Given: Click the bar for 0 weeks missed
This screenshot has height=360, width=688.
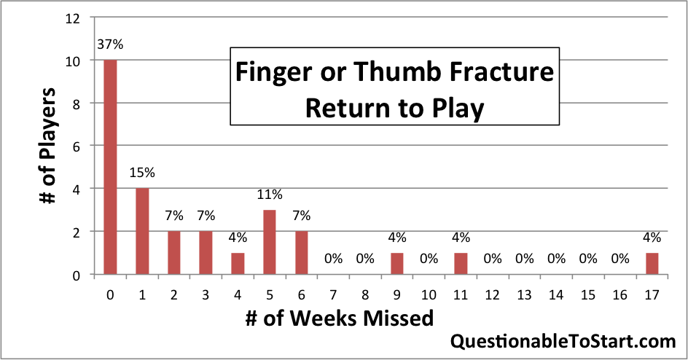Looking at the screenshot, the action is [x=110, y=167].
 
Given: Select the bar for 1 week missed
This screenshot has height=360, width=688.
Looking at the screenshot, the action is [x=142, y=232].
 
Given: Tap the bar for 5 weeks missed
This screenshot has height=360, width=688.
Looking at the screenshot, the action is [x=270, y=243].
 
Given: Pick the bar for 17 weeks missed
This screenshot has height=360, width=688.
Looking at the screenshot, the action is [x=652, y=264].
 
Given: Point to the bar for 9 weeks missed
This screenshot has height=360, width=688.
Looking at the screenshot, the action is [x=397, y=264].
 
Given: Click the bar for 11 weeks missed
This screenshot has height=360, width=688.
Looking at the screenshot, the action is [x=461, y=264].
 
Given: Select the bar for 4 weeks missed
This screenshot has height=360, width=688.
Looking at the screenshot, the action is [x=238, y=264].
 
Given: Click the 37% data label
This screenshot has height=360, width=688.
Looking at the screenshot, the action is [x=110, y=44].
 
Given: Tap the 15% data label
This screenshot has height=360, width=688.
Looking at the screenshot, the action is [x=142, y=173].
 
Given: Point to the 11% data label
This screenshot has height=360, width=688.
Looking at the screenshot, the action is [x=270, y=195].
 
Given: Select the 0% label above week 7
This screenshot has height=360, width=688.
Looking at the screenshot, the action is [x=334, y=259].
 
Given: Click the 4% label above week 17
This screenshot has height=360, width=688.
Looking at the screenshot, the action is [x=652, y=238].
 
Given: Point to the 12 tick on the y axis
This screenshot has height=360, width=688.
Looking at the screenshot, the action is [x=73, y=18].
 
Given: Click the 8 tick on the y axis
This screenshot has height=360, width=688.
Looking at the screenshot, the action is [x=77, y=104].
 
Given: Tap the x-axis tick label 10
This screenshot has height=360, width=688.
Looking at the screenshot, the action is [x=429, y=295].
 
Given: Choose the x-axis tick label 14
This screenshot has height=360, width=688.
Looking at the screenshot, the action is [x=556, y=295].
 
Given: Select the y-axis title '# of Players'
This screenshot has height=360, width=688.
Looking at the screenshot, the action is [x=47, y=146].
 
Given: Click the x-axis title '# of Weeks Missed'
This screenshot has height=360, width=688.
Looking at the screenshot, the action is [x=339, y=318].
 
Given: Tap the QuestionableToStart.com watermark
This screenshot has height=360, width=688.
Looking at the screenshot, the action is [x=563, y=341].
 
